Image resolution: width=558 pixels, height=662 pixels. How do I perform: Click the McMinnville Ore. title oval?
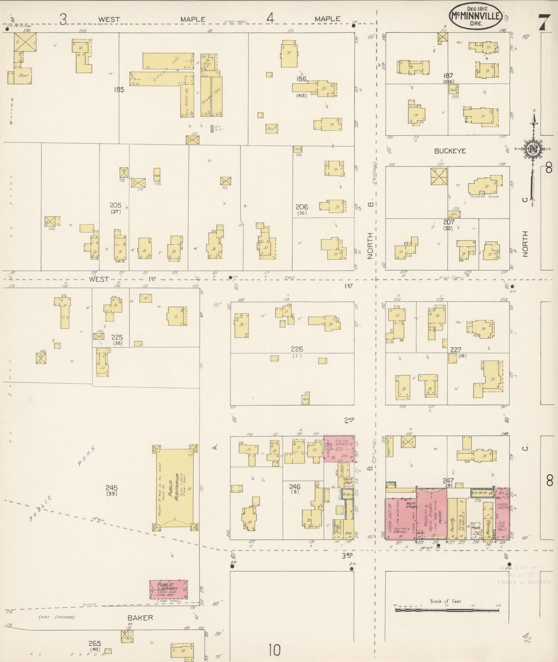point(475,16)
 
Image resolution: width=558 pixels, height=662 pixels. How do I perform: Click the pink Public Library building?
point(168,589)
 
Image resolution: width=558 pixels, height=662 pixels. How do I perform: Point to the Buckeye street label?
point(450,151)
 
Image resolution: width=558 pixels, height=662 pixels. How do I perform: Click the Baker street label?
point(140,618)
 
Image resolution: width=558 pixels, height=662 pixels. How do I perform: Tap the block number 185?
point(119,90)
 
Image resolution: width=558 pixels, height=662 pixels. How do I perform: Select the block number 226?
point(297,349)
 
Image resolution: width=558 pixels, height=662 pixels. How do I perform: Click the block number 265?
point(95,643)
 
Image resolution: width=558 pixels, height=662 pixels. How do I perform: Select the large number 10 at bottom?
point(274,650)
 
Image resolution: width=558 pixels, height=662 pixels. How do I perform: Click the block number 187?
point(448,76)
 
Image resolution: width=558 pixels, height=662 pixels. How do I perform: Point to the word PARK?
point(84,457)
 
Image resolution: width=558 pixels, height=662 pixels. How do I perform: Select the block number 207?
point(449,222)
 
